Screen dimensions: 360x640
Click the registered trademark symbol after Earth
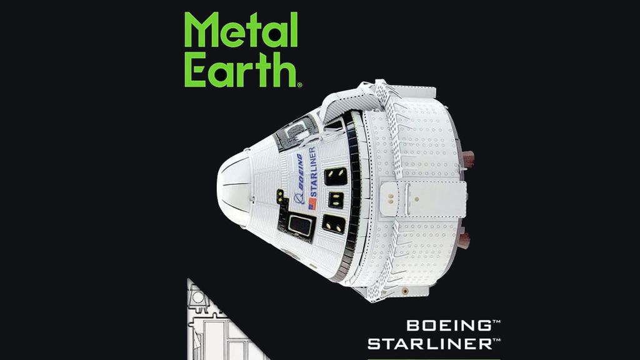(x=300, y=84)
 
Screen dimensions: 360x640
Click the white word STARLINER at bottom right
(x=430, y=343)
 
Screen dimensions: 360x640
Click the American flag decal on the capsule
(x=312, y=204)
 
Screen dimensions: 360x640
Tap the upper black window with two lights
(x=336, y=176)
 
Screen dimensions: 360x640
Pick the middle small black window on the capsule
(x=336, y=200)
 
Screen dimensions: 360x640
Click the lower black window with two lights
(x=334, y=224)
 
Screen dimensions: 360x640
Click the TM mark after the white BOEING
(x=497, y=322)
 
